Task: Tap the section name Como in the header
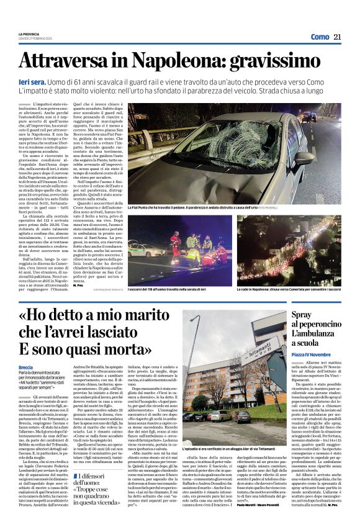tap(320, 37)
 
